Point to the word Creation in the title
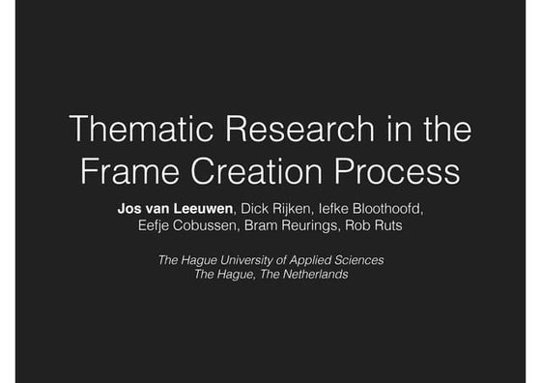click(254, 172)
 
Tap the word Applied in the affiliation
click(311, 259)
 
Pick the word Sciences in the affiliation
click(360, 259)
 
